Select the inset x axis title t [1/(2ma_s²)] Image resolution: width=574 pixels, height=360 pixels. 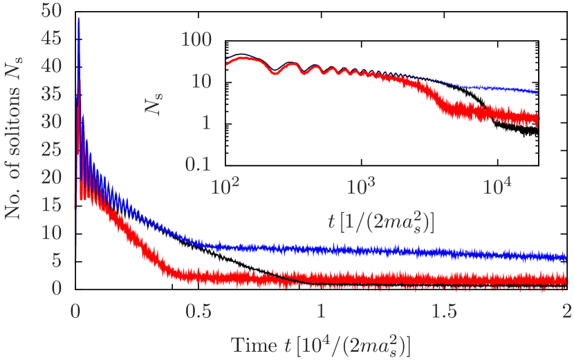click(380, 222)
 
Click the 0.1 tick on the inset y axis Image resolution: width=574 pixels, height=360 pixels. click(195, 164)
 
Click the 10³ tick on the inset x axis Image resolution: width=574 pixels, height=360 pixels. click(360, 187)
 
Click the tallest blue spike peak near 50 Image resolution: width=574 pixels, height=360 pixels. click(78, 19)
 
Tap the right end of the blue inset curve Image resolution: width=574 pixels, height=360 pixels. click(537, 93)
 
